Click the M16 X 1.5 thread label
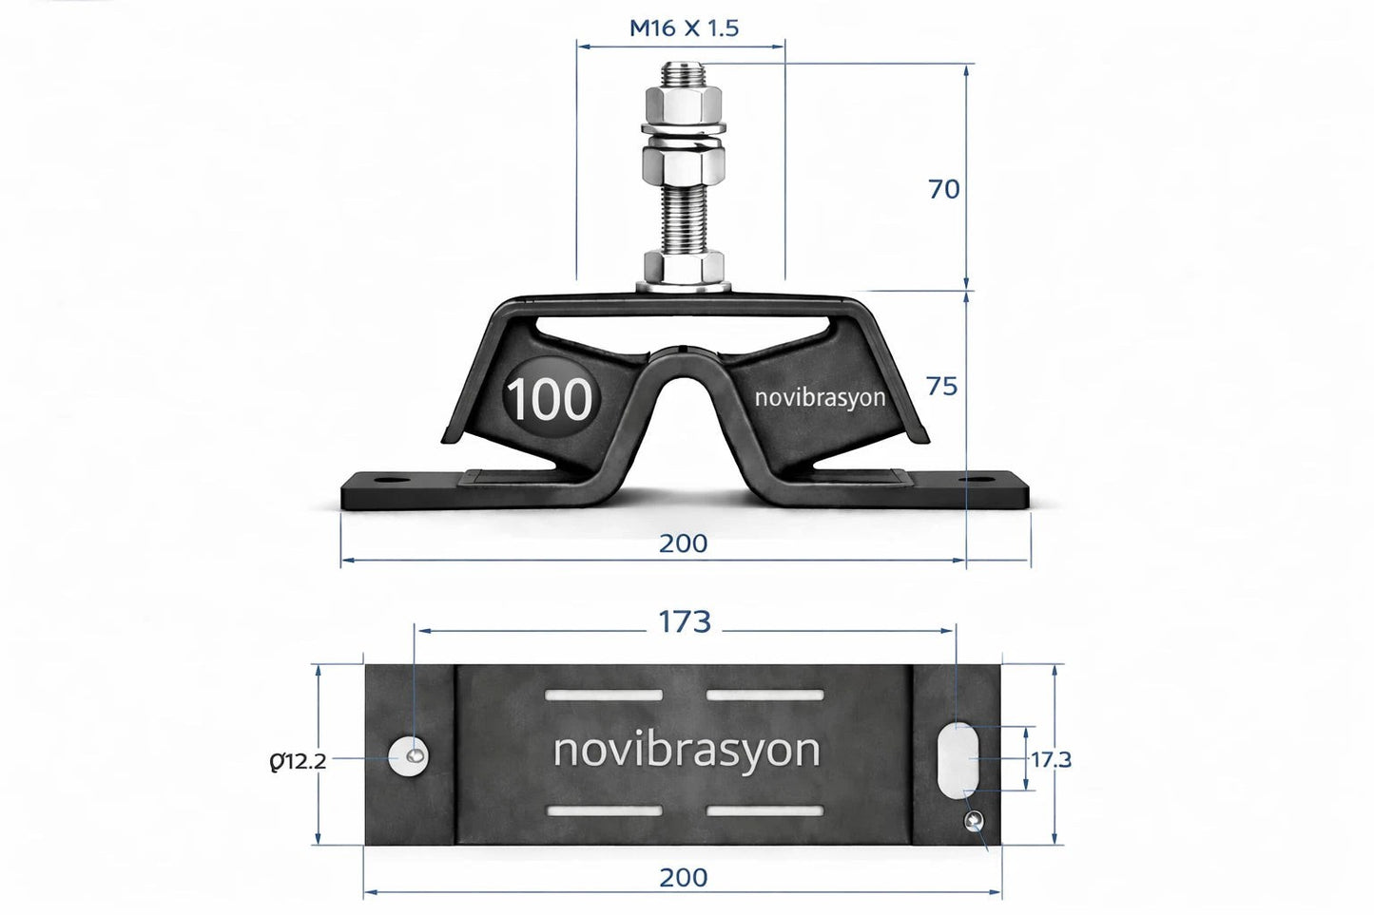[x=684, y=28]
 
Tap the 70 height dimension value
[x=943, y=189]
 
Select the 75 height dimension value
[x=942, y=387]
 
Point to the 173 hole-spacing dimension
[x=685, y=621]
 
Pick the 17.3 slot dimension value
[x=1052, y=759]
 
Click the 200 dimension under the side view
[x=684, y=543]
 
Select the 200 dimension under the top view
[x=684, y=876]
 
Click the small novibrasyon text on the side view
[x=819, y=397]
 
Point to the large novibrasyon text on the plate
[x=686, y=751]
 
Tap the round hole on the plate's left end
[x=409, y=755]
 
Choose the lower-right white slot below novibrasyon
[x=764, y=811]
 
